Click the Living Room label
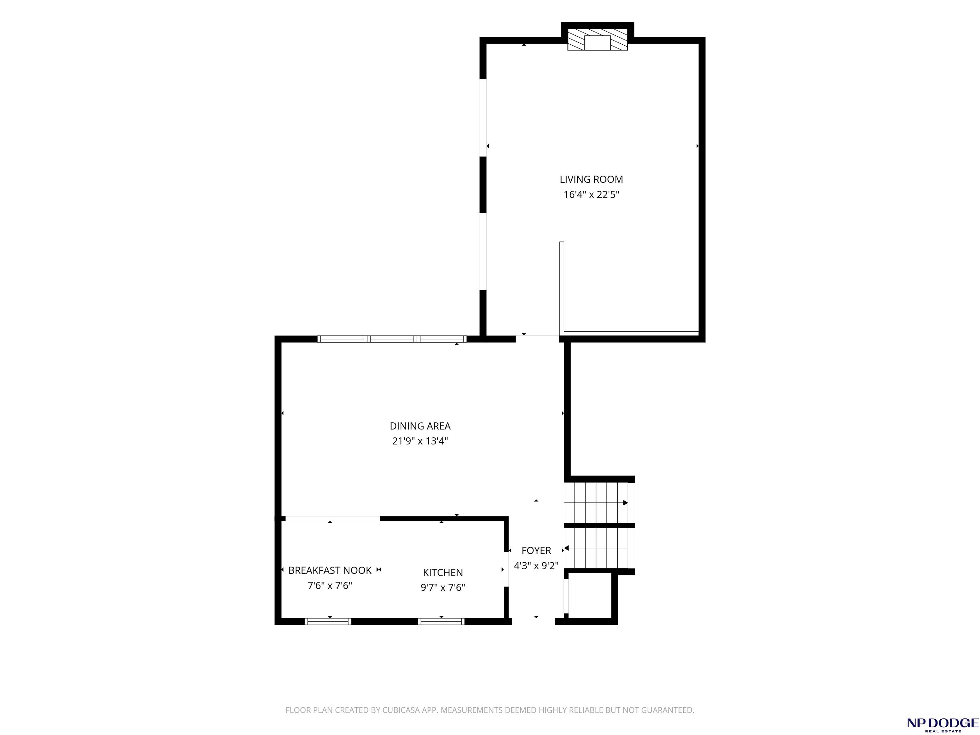coord(591,179)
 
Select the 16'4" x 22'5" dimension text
coord(591,195)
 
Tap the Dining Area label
coord(420,426)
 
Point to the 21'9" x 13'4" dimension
coord(420,441)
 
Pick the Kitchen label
coord(442,572)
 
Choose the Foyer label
coord(536,551)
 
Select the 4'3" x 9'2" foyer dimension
coord(536,566)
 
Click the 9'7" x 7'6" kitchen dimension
coord(442,588)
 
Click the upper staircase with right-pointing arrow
coord(596,503)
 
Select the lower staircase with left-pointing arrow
coord(596,548)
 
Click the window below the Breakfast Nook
coord(328,621)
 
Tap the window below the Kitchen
coord(441,621)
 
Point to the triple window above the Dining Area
coord(392,339)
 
